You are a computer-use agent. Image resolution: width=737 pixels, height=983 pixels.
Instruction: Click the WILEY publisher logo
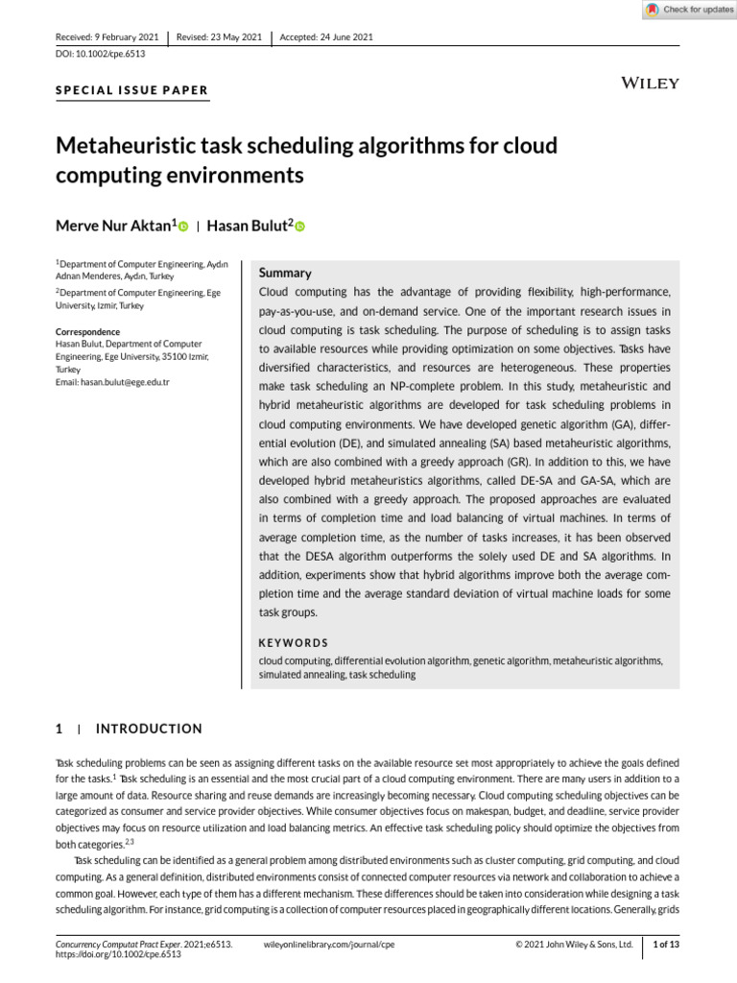[651, 83]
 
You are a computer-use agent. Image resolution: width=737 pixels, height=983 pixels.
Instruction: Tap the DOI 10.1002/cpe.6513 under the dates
[94, 55]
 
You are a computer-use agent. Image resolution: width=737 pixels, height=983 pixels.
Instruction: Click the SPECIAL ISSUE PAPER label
[132, 90]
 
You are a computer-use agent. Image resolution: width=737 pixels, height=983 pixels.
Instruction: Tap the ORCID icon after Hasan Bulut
[299, 227]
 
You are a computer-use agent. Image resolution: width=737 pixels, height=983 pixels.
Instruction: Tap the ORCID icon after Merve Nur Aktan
[182, 227]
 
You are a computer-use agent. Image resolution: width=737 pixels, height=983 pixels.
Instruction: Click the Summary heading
[285, 274]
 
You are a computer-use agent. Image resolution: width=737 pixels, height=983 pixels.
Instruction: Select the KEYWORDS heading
[294, 642]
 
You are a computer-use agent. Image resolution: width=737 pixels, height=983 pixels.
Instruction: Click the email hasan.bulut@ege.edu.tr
[112, 382]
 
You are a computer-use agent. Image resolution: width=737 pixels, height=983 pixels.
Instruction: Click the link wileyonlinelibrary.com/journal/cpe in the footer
[328, 945]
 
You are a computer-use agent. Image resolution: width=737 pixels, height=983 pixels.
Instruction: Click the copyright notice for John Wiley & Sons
[574, 945]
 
